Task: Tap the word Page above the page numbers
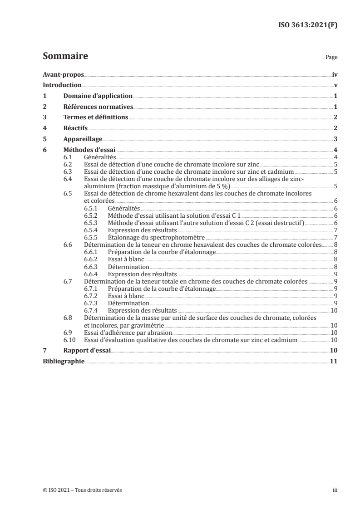pyautogui.click(x=332, y=58)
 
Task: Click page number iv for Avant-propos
pyautogui.click(x=335, y=75)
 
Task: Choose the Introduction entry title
pyautogui.click(x=62, y=85)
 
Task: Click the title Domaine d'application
pyautogui.click(x=98, y=96)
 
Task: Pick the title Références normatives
pyautogui.click(x=98, y=107)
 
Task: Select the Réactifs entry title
pyautogui.click(x=75, y=128)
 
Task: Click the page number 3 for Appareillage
pyautogui.click(x=335, y=139)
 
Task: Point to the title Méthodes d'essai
pyautogui.click(x=89, y=150)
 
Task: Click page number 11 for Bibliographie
pyautogui.click(x=334, y=361)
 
